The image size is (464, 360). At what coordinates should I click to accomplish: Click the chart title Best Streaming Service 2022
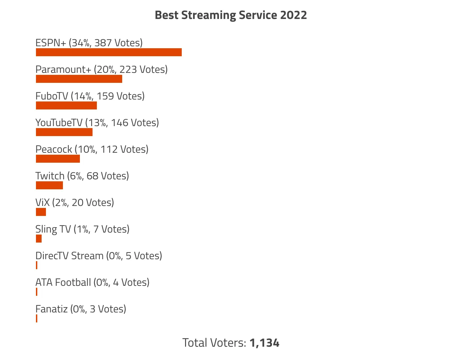(231, 15)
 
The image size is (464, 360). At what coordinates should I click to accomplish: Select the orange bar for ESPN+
(109, 52)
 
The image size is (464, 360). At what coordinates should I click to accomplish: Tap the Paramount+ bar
(79, 79)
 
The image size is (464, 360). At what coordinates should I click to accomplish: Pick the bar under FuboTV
(66, 105)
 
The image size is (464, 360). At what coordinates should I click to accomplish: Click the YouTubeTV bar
(64, 132)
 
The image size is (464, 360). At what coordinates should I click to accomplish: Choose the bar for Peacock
(58, 159)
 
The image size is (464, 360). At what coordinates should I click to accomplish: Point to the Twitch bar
(49, 185)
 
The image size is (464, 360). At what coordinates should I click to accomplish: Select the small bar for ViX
(41, 212)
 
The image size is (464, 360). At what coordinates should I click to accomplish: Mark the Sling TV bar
(39, 239)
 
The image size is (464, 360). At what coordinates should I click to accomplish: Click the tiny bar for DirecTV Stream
(37, 265)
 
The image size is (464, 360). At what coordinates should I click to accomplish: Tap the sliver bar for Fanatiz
(37, 318)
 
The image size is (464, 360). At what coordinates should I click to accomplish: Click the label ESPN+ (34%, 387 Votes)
(89, 43)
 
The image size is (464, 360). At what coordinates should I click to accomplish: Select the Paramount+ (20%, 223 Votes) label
(102, 70)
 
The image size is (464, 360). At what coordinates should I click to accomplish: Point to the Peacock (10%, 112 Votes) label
(92, 149)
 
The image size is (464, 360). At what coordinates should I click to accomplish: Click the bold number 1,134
(264, 343)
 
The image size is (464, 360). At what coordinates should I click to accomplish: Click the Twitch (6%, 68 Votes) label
(82, 176)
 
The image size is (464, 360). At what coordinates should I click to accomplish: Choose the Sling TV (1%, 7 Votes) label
(82, 229)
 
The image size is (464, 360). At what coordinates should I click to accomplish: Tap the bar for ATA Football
(37, 292)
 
